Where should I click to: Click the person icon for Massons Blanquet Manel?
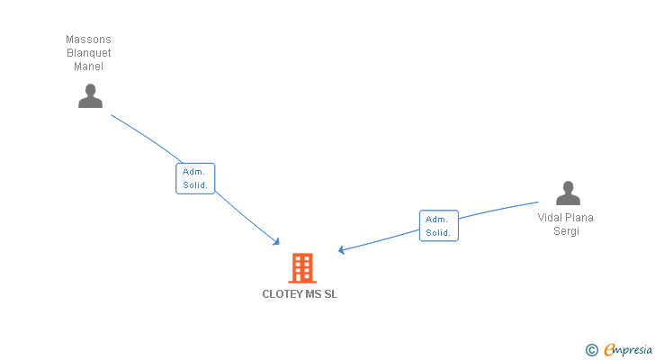pos(90,95)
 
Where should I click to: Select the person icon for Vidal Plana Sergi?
pos(568,193)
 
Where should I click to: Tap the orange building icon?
pos(302,267)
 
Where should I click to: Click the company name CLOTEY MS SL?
pos(300,294)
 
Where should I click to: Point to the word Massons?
pos(88,40)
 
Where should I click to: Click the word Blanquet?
pos(88,53)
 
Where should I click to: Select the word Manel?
pos(88,67)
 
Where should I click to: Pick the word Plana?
pos(580,218)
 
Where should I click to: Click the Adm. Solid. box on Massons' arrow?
pos(195,178)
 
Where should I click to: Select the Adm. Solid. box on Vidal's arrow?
pos(438,226)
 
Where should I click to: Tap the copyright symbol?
pos(592,349)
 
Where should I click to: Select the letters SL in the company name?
pos(330,294)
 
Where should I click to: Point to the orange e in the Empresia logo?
pos(609,349)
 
